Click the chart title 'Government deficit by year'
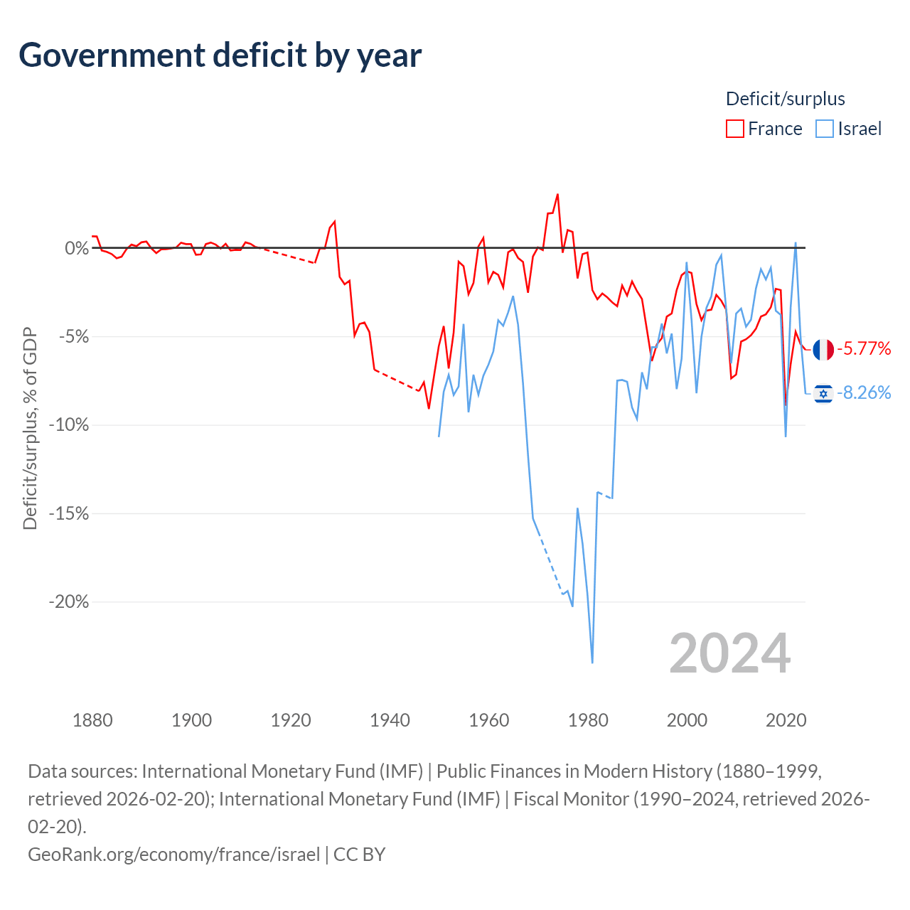220,55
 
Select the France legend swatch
735,129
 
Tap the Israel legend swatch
825,129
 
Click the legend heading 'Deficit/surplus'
786,99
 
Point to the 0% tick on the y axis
77,248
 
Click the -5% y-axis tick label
74,337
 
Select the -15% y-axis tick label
69,513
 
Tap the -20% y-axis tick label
69,601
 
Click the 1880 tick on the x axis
92,720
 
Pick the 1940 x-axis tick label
390,720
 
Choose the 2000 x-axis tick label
687,720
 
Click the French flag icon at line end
823,350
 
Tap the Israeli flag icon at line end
823,393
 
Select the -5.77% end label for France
864,348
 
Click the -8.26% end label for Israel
864,392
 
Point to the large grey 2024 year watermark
729,653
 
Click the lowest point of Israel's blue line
592,663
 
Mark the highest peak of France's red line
557,195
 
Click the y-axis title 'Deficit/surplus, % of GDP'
30,428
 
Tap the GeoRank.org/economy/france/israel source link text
173,855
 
